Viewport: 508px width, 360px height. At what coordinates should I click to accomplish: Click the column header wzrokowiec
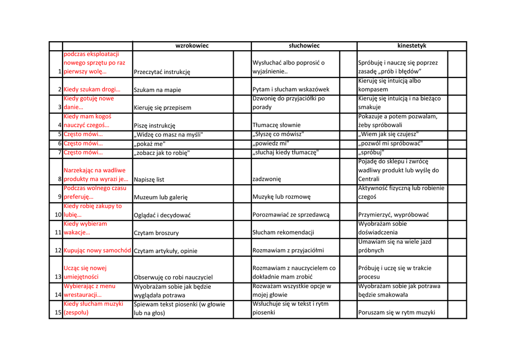tap(192, 46)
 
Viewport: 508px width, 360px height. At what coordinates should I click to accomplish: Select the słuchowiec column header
tap(304, 46)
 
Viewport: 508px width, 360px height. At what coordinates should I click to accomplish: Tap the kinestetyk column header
tap(412, 46)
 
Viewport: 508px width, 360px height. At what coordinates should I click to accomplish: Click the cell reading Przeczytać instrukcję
tap(162, 72)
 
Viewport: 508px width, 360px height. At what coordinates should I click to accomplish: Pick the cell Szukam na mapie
tap(157, 90)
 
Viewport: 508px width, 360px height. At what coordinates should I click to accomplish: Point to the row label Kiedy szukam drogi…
tap(92, 89)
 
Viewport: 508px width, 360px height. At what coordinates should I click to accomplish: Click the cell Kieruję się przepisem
tap(162, 107)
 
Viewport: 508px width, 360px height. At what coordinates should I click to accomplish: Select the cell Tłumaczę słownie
tap(276, 125)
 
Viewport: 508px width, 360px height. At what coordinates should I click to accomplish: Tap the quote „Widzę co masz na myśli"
tap(169, 135)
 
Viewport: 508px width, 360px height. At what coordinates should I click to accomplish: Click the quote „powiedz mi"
tap(271, 144)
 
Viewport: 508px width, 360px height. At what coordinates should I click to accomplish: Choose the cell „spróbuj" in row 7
tap(371, 152)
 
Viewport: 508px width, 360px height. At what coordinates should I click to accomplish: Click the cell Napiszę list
tap(149, 179)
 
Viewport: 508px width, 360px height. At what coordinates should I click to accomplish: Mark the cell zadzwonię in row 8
tap(267, 179)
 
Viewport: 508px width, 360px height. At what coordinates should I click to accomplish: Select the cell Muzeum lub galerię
tap(161, 197)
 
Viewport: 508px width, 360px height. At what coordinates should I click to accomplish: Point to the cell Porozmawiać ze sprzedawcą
tap(291, 215)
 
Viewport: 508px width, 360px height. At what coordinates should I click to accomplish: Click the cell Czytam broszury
tap(156, 233)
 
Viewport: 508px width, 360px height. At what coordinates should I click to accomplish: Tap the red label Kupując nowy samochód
tap(97, 250)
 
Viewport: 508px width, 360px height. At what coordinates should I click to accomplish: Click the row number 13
tap(58, 277)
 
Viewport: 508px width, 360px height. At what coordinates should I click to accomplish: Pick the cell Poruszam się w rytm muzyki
tap(396, 312)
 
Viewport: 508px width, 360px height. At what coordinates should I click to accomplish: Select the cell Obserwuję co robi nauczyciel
tap(173, 278)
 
